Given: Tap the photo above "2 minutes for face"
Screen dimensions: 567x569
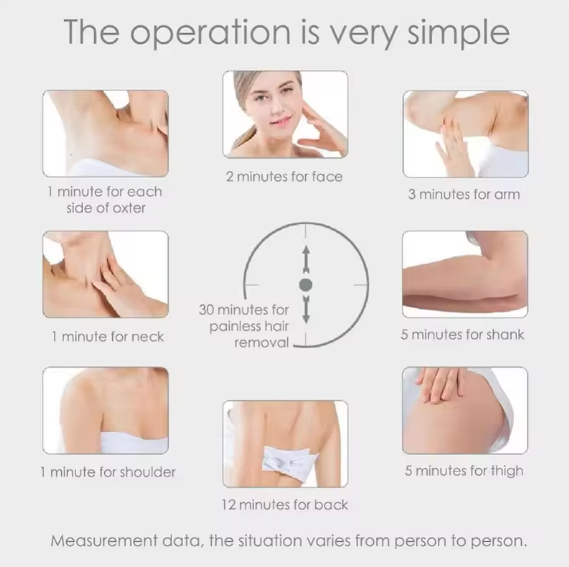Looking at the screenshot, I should click(x=285, y=113).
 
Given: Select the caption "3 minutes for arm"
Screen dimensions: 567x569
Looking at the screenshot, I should click(x=464, y=194).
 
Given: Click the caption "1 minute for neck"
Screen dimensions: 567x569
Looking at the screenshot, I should click(x=107, y=337).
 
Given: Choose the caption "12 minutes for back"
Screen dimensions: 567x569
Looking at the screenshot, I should click(x=285, y=504).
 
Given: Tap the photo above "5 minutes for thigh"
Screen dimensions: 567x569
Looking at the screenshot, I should click(x=464, y=410).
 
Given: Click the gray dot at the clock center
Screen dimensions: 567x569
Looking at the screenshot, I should click(x=306, y=285).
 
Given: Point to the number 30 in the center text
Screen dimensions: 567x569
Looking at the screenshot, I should click(x=208, y=309).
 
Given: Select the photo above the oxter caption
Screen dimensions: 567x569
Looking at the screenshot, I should click(x=105, y=133).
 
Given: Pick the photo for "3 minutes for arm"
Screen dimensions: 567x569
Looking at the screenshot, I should click(x=464, y=133).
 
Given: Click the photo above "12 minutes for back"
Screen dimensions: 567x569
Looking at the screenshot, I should click(x=285, y=443).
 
